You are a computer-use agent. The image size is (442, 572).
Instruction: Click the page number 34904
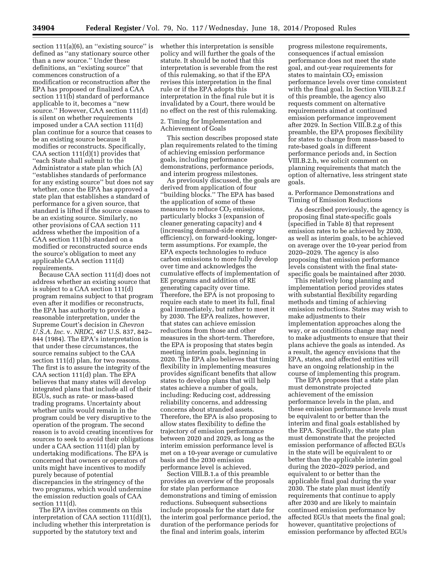click(43, 28)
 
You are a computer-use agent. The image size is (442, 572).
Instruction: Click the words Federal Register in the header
click(113, 28)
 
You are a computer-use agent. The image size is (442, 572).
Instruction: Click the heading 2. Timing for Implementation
click(211, 121)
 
